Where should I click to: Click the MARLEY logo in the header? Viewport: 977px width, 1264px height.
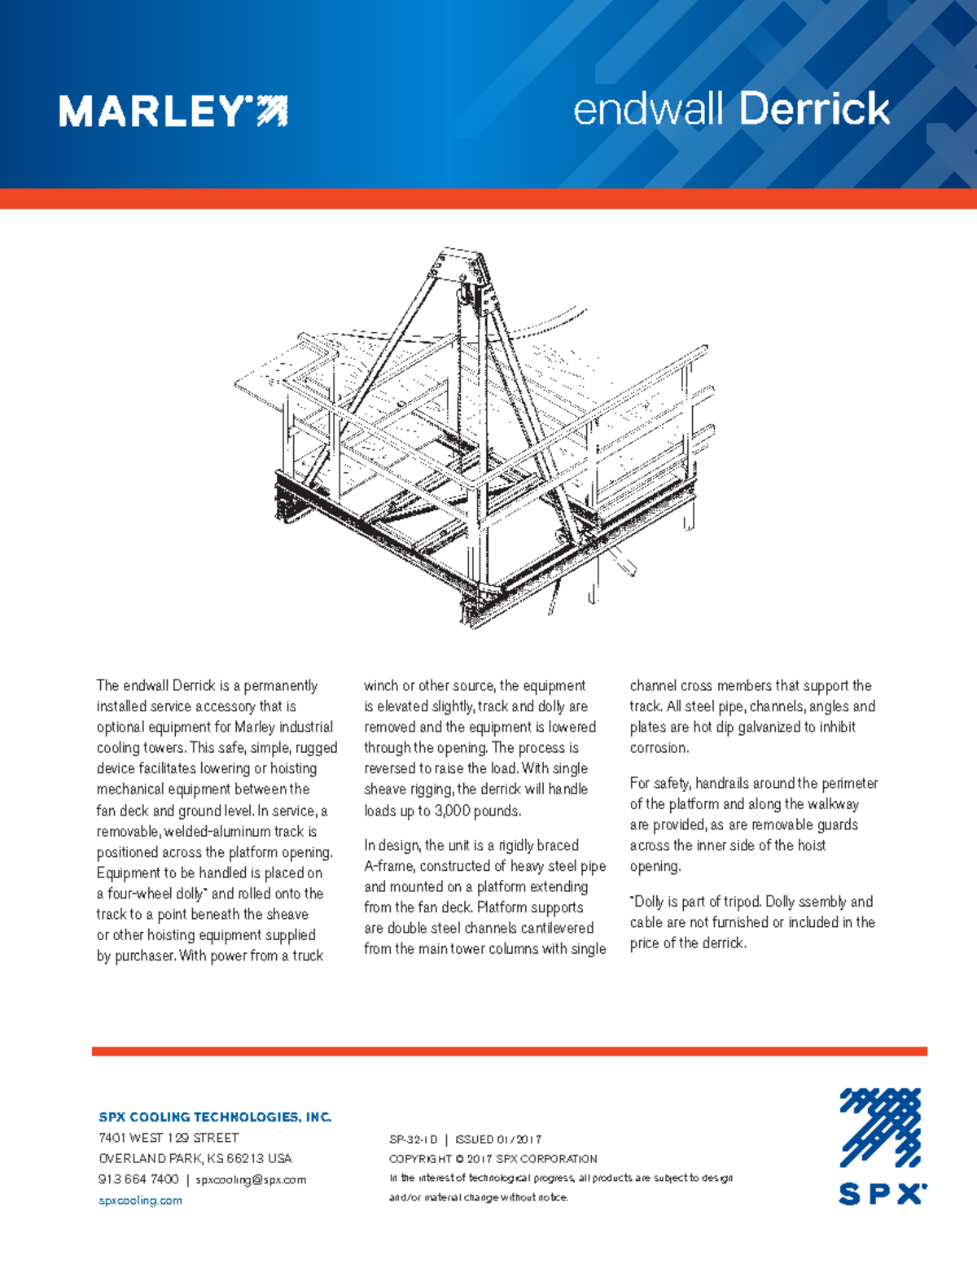point(173,111)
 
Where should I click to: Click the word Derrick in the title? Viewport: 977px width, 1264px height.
point(814,109)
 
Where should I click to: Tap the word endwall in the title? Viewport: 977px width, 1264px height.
point(647,109)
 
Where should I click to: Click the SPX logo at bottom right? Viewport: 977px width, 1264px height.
point(882,1146)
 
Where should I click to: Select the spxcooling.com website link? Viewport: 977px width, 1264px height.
point(140,1201)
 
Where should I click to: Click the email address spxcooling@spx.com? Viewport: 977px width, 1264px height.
point(251,1179)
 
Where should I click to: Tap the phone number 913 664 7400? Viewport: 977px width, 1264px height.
point(138,1179)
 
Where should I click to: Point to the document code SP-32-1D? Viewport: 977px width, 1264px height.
point(414,1139)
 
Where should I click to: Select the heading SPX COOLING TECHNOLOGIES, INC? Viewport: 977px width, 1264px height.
point(215,1117)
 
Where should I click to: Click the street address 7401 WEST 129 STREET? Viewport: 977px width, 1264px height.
point(169,1138)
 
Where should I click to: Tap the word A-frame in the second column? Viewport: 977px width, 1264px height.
point(388,866)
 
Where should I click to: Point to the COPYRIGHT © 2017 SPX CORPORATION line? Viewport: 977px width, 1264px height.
point(493,1159)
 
